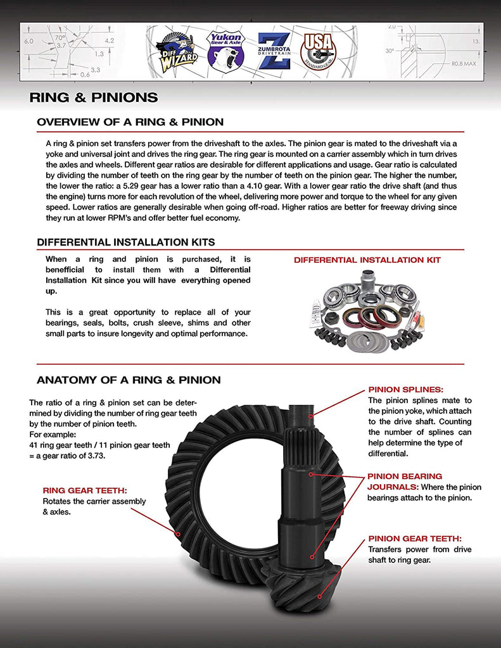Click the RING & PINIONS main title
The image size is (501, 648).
tap(94, 97)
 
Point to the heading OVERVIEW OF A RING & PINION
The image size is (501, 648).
tap(130, 121)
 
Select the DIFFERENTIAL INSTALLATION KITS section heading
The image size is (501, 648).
tap(125, 242)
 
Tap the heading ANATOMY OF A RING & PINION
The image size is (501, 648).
tap(129, 380)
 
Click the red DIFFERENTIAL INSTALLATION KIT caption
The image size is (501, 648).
tap(367, 260)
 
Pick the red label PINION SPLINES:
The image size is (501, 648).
tap(405, 390)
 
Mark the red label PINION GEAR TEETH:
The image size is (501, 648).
tap(415, 539)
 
